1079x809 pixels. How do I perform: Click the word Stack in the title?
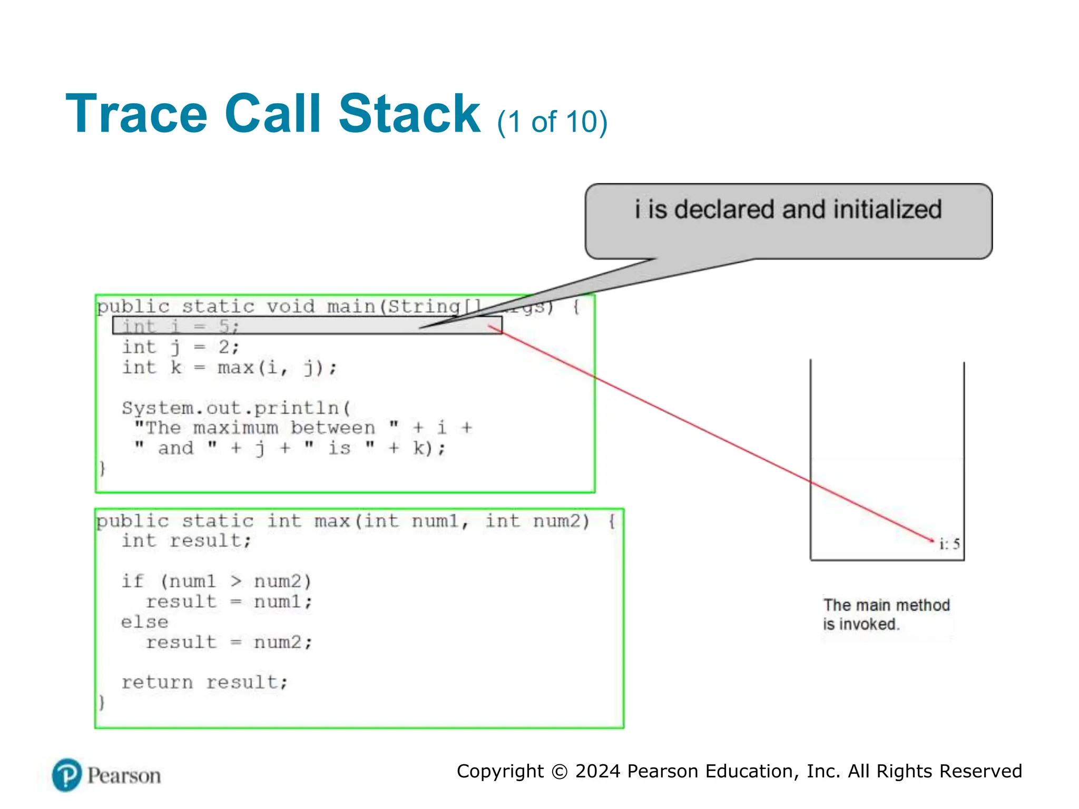[x=409, y=114]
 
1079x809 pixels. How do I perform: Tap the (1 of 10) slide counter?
[x=552, y=122]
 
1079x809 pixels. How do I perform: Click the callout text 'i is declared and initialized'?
[x=788, y=210]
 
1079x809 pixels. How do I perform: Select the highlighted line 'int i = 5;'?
[x=181, y=327]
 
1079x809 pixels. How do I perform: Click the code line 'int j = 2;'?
[x=181, y=347]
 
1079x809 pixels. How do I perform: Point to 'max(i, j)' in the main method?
[x=277, y=367]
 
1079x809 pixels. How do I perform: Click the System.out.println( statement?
[x=236, y=408]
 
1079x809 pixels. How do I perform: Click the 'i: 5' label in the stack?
[x=949, y=544]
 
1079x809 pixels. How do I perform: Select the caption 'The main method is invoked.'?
[x=886, y=614]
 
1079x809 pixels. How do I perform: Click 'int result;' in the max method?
[x=187, y=541]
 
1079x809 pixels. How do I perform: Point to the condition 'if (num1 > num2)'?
[x=217, y=581]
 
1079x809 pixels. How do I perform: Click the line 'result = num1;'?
[x=229, y=601]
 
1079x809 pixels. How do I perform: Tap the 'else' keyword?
[x=144, y=622]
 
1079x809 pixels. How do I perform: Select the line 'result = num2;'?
[x=229, y=643]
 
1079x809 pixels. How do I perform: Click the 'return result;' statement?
[x=204, y=683]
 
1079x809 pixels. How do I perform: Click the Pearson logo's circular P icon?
[x=67, y=775]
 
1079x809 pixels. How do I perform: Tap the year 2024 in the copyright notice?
[x=597, y=771]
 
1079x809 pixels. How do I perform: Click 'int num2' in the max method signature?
[x=537, y=521]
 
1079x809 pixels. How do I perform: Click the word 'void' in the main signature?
[x=290, y=306]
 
